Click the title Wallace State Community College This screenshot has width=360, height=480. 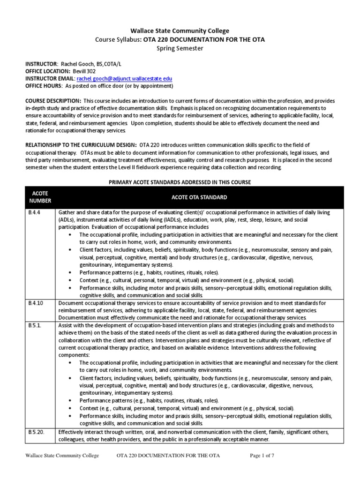[x=180, y=30]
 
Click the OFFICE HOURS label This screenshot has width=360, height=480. [x=43, y=86]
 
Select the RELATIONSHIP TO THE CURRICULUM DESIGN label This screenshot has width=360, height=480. [x=81, y=145]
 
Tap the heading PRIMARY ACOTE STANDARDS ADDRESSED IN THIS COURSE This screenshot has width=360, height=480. [x=180, y=182]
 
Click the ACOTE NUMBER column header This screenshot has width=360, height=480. [x=40, y=197]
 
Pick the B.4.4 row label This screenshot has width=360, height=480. [x=33, y=212]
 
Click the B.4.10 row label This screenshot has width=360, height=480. [x=35, y=303]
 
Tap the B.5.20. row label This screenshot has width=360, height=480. [x=36, y=432]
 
